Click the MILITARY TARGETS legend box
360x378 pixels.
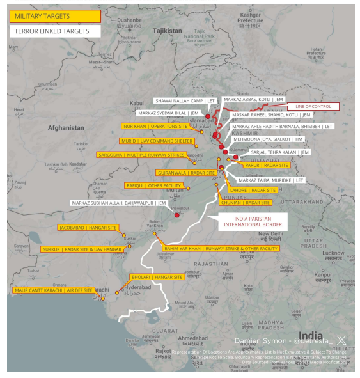[x=54, y=16]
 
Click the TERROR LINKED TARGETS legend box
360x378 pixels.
[x=54, y=31]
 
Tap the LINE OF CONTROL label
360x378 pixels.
[x=312, y=106]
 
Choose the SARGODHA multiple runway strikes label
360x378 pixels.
[x=141, y=155]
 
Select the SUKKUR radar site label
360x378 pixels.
[x=82, y=249]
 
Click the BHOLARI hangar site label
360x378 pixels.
[x=157, y=277]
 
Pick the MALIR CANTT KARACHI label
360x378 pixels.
[x=54, y=290]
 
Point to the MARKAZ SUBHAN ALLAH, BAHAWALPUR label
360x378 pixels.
[x=119, y=203]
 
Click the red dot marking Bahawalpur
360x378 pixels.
[x=176, y=215]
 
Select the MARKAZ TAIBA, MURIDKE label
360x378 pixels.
[x=271, y=180]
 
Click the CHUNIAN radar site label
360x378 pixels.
[x=246, y=202]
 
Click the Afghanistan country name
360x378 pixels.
[x=66, y=128]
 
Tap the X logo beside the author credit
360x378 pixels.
[x=342, y=340]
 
